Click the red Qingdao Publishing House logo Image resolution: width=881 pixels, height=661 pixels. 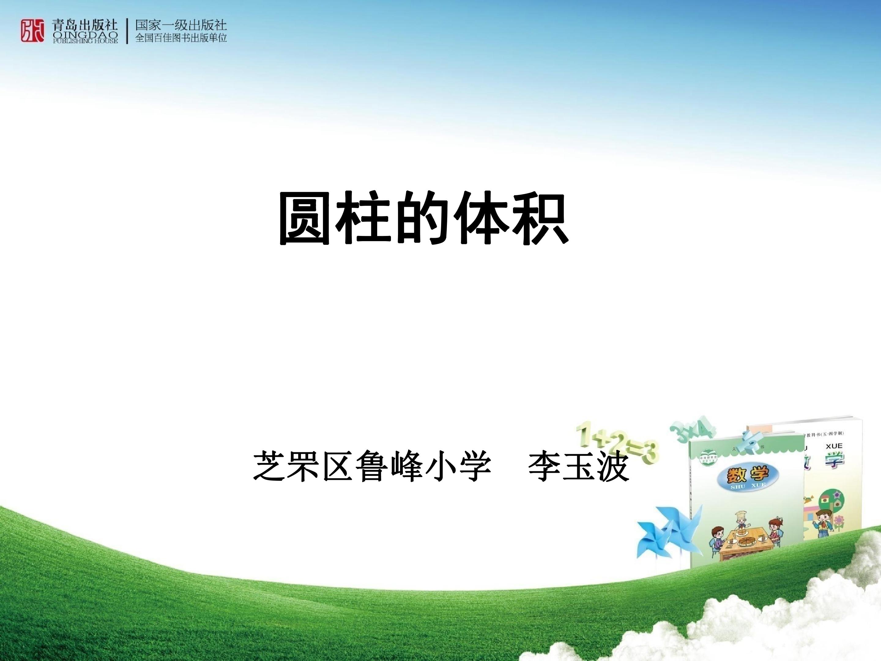pyautogui.click(x=32, y=30)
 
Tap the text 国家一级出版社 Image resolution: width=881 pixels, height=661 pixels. pyautogui.click(x=181, y=25)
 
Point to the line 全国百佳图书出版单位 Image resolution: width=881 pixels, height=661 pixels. pyautogui.click(x=181, y=38)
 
